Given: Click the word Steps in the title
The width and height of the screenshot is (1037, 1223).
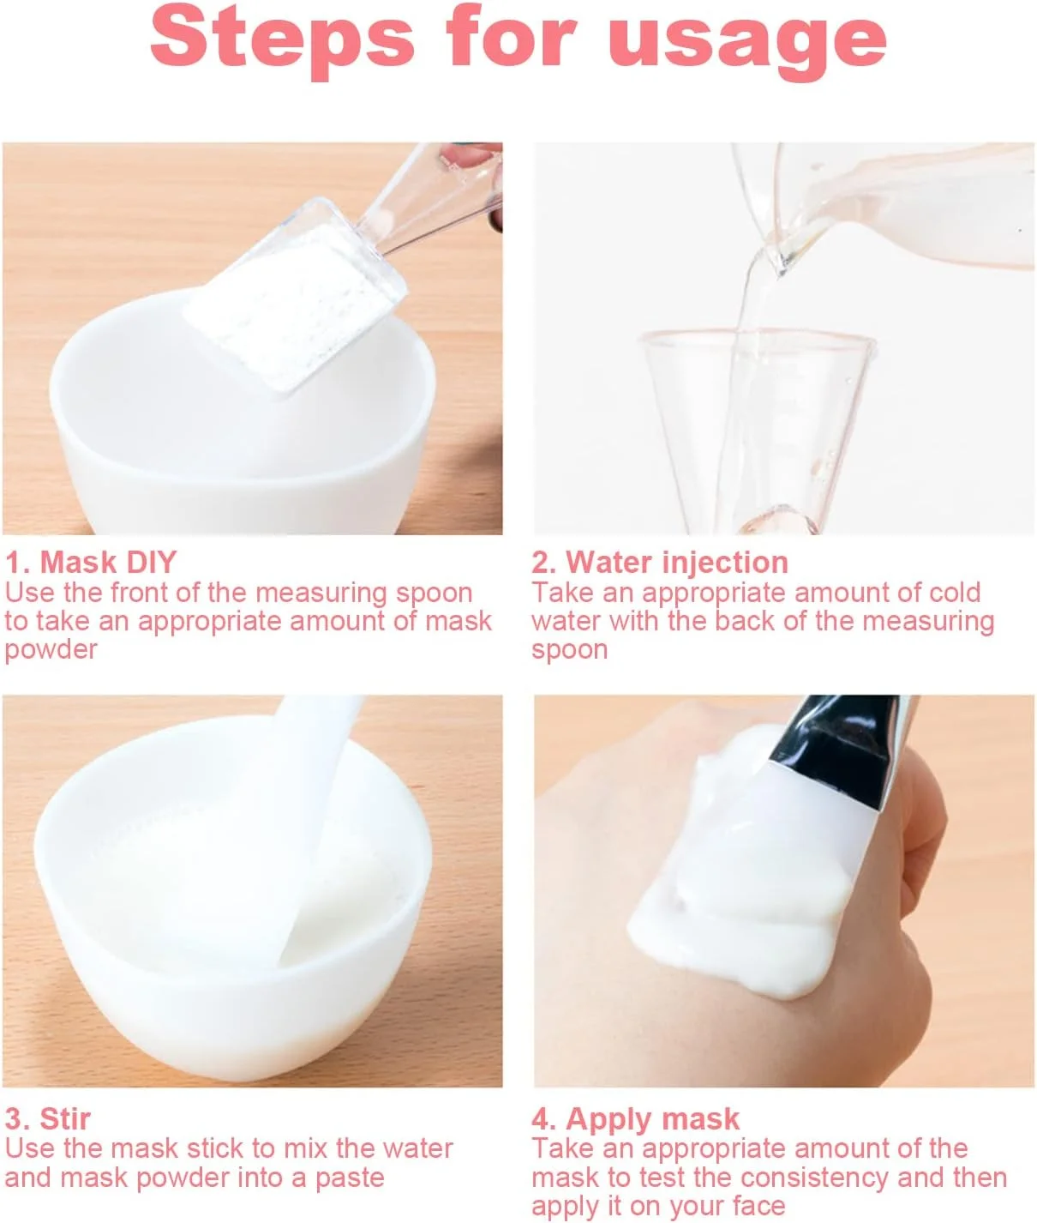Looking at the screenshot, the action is click(x=282, y=40).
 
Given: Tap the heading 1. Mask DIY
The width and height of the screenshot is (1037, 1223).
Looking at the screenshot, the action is click(x=91, y=562).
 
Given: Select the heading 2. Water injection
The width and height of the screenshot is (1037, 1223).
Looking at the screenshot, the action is click(x=660, y=562).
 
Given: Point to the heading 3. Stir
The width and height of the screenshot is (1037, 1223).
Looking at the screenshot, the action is click(x=48, y=1118).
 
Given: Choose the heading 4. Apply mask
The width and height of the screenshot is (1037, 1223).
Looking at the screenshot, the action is click(x=636, y=1119).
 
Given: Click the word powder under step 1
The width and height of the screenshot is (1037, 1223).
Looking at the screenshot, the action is click(x=51, y=650).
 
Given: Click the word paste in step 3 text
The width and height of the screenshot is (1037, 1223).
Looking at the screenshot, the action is click(x=350, y=1178).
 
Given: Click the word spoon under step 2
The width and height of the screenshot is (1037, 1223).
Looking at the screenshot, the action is click(x=569, y=650).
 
